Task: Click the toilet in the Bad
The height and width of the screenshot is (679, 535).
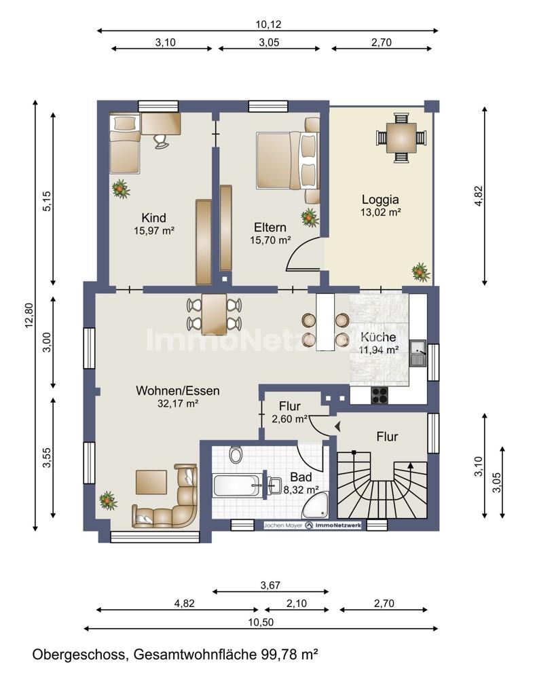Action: coord(236,454)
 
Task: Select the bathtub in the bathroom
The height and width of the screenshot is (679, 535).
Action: coord(237,485)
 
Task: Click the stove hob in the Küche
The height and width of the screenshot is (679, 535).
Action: coord(380,394)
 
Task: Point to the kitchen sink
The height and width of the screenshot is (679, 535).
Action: coord(418,353)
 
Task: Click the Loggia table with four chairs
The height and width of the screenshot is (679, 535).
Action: coord(401,138)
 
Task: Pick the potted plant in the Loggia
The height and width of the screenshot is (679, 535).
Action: coord(420,272)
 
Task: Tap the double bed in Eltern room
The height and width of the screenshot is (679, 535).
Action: coord(287,161)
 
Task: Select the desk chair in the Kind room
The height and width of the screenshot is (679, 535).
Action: coord(161,141)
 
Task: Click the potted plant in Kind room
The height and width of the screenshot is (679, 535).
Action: coord(121,189)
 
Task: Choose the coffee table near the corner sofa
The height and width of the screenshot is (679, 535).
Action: coord(151,482)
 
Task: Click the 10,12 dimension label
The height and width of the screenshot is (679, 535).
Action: coord(268,24)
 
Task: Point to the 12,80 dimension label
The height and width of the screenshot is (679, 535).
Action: coord(29,315)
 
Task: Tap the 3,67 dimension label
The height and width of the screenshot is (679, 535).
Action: coord(270,585)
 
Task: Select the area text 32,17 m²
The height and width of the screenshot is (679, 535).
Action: coord(178,403)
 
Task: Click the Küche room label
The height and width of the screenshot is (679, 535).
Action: coord(378,337)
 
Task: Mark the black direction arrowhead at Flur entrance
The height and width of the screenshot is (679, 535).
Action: coord(338,427)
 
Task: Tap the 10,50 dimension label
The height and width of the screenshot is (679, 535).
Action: coord(261,622)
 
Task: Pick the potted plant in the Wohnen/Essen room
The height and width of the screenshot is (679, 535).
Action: coord(108,500)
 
